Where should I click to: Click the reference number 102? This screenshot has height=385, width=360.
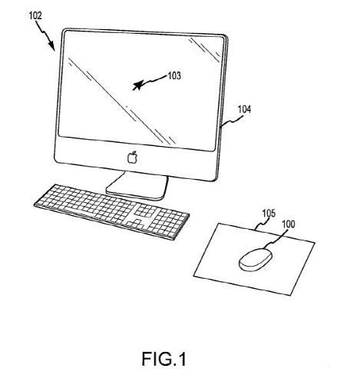tap(35, 15)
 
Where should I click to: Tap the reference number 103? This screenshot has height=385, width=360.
tap(174, 75)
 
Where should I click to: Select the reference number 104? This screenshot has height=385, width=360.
tap(244, 109)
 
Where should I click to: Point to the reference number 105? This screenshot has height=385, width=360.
tap(269, 213)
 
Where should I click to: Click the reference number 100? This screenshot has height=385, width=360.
tap(289, 224)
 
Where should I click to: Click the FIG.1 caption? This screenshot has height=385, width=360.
tap(163, 359)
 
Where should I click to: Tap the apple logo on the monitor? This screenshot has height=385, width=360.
tap(133, 158)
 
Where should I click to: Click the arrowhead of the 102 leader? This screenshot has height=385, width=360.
tap(52, 46)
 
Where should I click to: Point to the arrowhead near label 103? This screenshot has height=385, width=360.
tap(137, 85)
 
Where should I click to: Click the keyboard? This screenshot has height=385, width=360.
tap(112, 211)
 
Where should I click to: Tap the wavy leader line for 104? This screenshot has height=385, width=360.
tap(232, 121)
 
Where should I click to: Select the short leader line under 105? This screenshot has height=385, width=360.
tap(262, 224)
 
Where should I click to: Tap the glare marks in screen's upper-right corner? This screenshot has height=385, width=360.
tap(205, 50)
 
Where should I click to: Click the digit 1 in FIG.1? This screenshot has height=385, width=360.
tap(182, 359)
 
